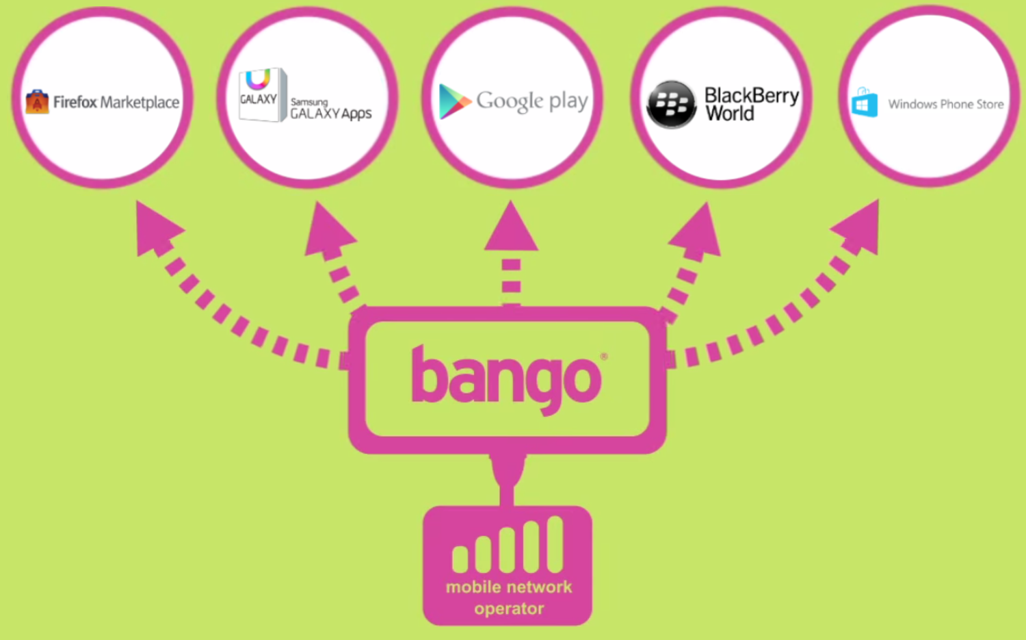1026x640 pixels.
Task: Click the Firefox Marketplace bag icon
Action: (x=37, y=102)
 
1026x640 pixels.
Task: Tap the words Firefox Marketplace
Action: (x=116, y=103)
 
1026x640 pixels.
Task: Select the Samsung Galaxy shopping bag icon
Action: (x=261, y=95)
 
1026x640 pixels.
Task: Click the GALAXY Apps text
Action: (x=331, y=112)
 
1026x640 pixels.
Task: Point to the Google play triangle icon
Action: (x=453, y=101)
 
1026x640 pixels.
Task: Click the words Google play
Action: (x=532, y=101)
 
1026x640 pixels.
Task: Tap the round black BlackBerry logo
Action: (x=671, y=104)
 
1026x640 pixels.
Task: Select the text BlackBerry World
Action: (x=751, y=104)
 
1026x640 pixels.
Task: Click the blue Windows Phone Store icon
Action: (x=865, y=103)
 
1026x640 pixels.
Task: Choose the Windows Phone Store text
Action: (x=946, y=104)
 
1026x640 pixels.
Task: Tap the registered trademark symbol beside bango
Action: (x=603, y=357)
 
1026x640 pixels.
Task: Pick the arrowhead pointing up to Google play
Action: (x=511, y=228)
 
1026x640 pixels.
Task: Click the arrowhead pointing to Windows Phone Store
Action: (x=859, y=227)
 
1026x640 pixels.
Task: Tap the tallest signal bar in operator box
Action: (x=555, y=544)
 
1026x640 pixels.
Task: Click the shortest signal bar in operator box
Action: (x=460, y=559)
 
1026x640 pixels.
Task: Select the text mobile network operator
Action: (x=509, y=598)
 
